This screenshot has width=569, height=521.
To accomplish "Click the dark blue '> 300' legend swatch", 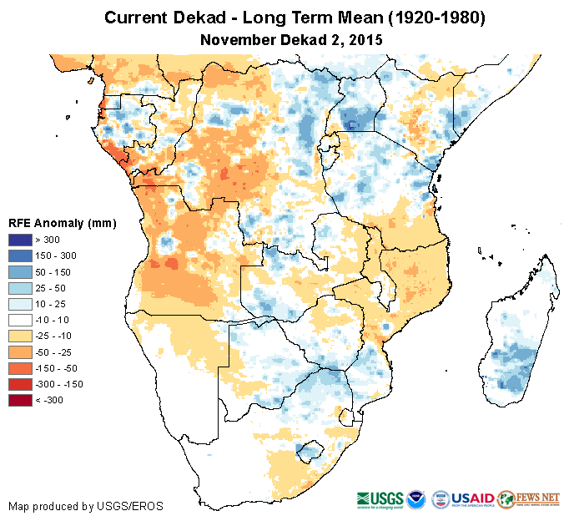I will tap(20, 240).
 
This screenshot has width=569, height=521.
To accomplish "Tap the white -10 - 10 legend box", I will tap(20, 320).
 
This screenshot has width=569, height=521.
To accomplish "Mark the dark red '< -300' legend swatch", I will tap(20, 400).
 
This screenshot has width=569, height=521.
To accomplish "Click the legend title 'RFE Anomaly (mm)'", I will tap(62, 223).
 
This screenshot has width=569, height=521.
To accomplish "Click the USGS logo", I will tap(380, 499).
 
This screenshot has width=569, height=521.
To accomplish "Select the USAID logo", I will tap(471, 498).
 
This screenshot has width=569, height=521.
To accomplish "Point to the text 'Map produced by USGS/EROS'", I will tap(85, 506).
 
